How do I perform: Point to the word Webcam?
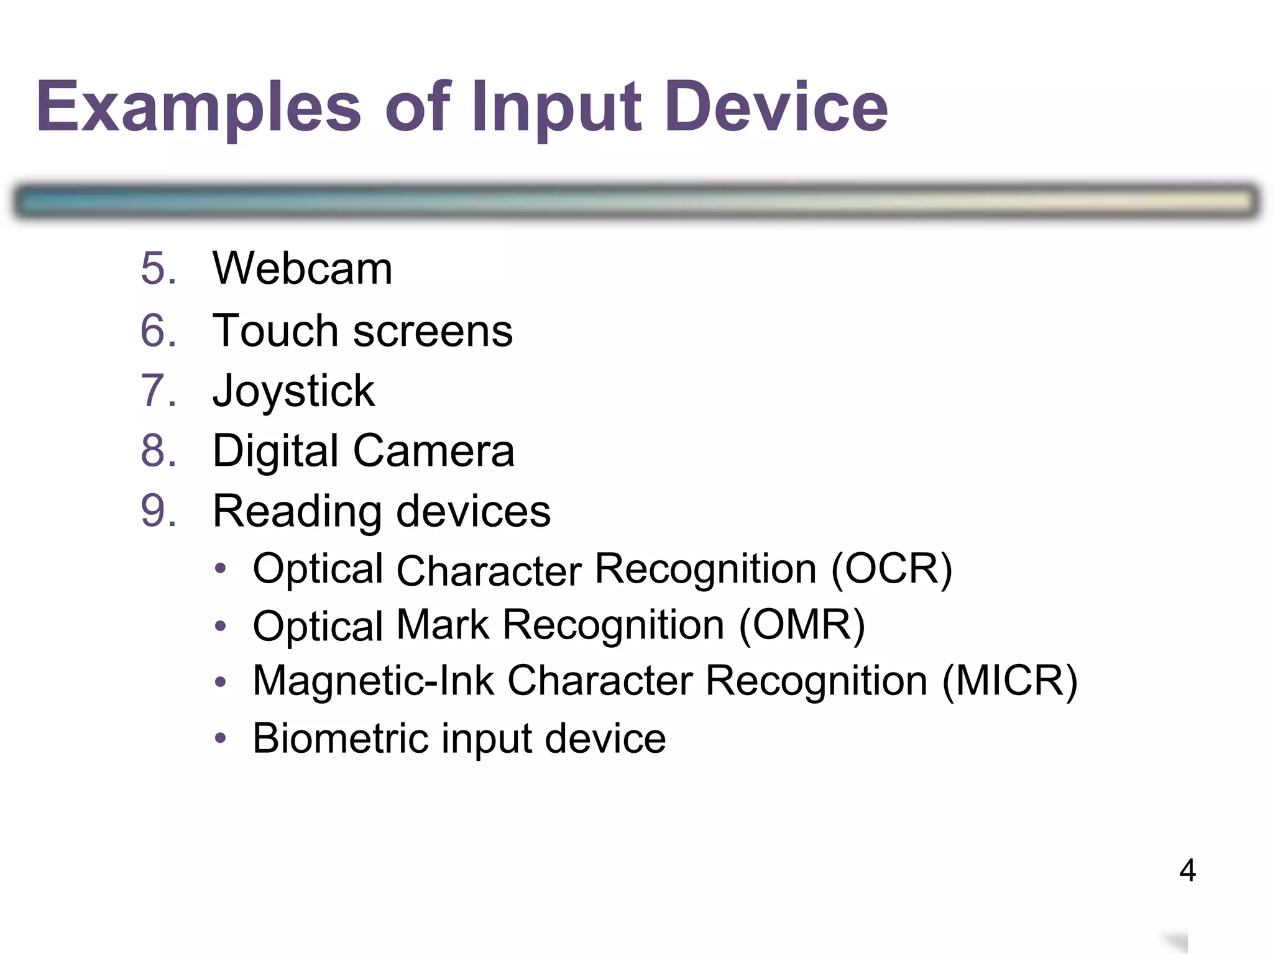pyautogui.click(x=302, y=268)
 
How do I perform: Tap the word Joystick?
pyautogui.click(x=293, y=391)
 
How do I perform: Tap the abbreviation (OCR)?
pyautogui.click(x=891, y=569)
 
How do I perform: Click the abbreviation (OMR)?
pyautogui.click(x=802, y=625)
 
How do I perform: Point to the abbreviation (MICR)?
pyautogui.click(x=1009, y=681)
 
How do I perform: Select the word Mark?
pyautogui.click(x=443, y=624)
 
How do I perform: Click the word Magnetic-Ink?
pyautogui.click(x=373, y=681)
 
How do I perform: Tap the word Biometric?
pyautogui.click(x=341, y=738)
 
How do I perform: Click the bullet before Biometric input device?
pyautogui.click(x=220, y=738)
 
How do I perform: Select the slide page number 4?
pyautogui.click(x=1187, y=870)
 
